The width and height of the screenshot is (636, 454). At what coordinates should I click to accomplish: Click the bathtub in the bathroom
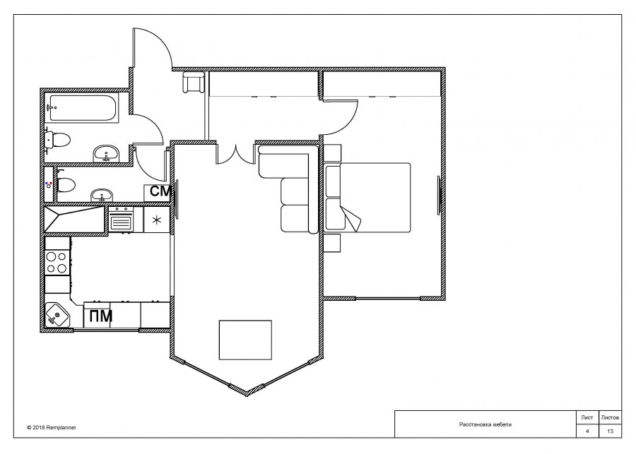[x=83, y=108]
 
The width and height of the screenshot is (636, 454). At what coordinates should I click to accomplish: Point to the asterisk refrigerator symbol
[x=157, y=220]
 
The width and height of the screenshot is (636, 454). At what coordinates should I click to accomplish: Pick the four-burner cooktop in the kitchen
[x=57, y=262]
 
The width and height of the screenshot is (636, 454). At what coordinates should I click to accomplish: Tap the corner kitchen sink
[x=57, y=315]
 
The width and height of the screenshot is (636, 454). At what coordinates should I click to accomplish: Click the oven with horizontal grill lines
[x=120, y=220]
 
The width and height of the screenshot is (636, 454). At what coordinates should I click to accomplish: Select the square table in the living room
[x=245, y=340]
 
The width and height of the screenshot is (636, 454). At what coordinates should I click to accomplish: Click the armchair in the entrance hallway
[x=193, y=83]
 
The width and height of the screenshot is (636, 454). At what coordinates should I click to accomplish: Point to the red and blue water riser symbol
[x=49, y=185]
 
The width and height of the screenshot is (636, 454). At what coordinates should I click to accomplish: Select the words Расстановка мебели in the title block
[x=485, y=424]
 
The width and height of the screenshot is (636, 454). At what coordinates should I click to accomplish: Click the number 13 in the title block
[x=610, y=431]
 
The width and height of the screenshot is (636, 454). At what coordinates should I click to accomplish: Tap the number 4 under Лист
[x=587, y=431]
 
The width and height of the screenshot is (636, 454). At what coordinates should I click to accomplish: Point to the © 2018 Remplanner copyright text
[x=52, y=427]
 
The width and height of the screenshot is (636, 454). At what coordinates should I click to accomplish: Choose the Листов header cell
[x=610, y=417]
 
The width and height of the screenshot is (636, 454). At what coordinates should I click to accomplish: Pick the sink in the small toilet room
[x=101, y=195]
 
